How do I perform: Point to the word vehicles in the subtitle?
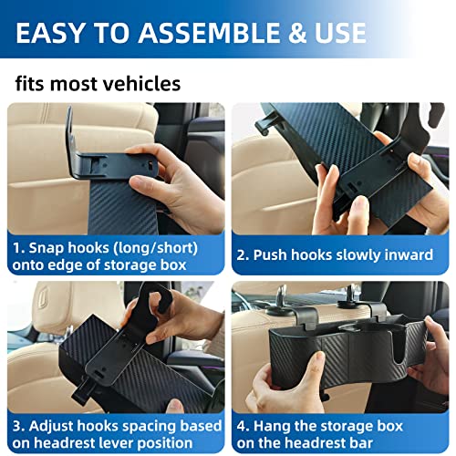(140, 85)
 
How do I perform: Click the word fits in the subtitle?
(31, 85)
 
